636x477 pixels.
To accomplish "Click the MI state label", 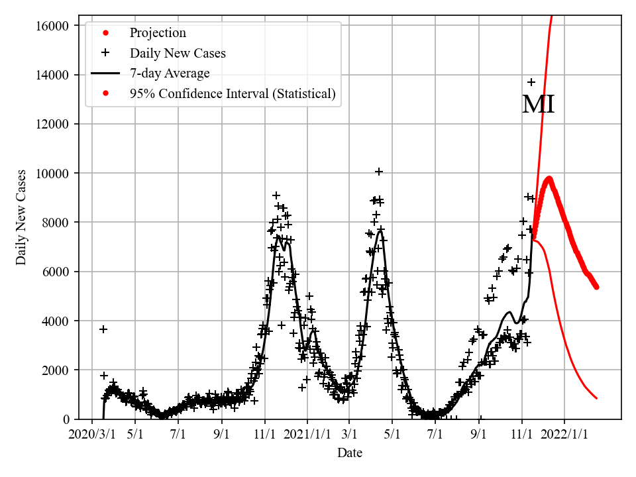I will click(x=538, y=105).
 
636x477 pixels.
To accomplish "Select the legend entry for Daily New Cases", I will click(x=178, y=53).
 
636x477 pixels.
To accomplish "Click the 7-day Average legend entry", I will click(x=170, y=74).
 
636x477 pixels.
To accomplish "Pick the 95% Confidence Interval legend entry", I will click(x=233, y=94).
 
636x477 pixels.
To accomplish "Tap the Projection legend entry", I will click(x=158, y=32).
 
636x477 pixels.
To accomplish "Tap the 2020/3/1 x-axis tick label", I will click(x=92, y=435).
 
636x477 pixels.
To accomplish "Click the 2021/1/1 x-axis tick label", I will click(x=307, y=435).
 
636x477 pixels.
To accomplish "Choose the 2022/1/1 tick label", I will click(x=564, y=435).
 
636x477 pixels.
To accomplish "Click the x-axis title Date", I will click(x=350, y=453).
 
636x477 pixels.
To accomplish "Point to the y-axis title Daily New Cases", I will click(x=22, y=217).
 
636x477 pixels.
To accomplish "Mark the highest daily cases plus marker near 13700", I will click(x=531, y=82).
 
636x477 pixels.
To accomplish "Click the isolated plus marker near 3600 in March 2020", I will click(x=103, y=329).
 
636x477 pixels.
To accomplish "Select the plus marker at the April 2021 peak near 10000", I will click(x=379, y=172).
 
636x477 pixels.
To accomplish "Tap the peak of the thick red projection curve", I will click(x=549, y=178).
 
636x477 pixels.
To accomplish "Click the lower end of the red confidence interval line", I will click(x=597, y=398).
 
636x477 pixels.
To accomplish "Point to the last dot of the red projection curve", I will click(x=596, y=287).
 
